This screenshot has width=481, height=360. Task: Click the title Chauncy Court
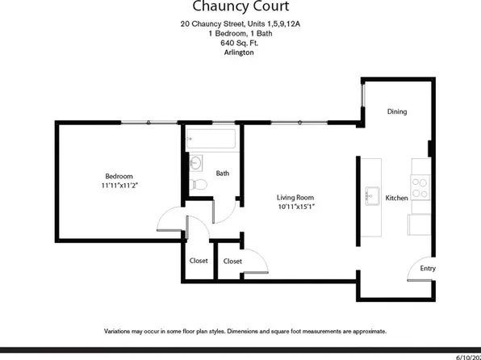coord(240,9)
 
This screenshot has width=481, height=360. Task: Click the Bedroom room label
coord(119,176)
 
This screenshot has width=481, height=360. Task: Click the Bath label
coord(224,172)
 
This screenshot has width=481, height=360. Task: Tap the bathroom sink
coord(194,163)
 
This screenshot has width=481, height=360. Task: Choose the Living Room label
coord(295,197)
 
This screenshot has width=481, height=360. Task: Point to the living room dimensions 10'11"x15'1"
coord(295,207)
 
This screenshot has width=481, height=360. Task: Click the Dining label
coord(396,111)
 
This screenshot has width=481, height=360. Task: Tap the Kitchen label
coord(396,197)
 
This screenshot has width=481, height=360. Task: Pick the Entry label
coord(427,270)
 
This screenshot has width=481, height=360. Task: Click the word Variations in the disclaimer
coord(122,331)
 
